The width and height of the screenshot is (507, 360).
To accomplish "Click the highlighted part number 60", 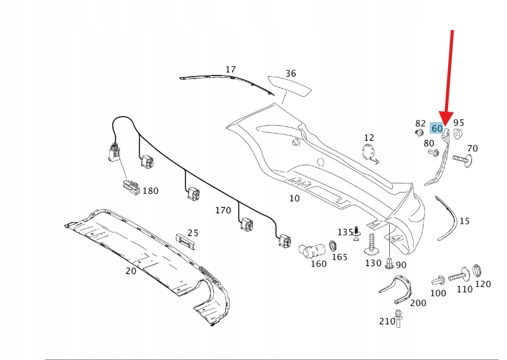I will point(436,129).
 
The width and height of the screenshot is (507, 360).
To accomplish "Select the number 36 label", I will point(290,74).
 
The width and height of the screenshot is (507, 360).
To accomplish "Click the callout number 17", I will point(230,70).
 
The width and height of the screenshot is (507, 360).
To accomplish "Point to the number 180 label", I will point(150,191).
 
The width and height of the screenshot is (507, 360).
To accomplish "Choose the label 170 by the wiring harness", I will point(223,210).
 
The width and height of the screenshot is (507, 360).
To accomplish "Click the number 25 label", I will point(193,232).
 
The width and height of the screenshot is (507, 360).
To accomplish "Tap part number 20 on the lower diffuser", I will point(131,270).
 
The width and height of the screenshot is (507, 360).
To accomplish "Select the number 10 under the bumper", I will point(295,198).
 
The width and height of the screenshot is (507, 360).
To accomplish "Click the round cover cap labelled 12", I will point(369,153).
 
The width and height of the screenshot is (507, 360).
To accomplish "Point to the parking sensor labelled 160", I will point(310,251).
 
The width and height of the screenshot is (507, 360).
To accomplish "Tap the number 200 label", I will point(417,302).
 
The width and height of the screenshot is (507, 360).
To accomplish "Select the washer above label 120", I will point(479,270).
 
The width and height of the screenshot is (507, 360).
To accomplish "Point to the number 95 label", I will point(459,123).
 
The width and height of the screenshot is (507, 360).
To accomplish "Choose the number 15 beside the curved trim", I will point(464,221).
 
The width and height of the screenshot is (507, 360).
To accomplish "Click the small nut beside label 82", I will point(419,132).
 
